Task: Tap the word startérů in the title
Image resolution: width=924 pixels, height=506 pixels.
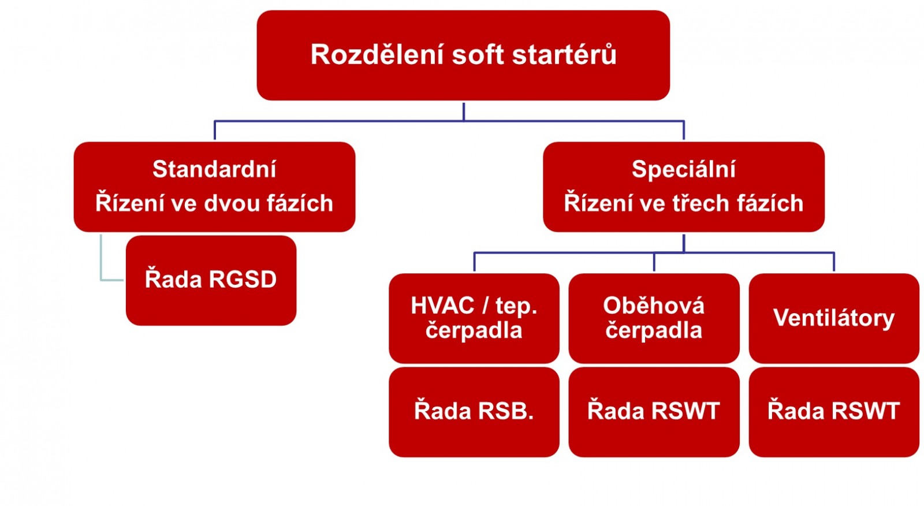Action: coord(564,54)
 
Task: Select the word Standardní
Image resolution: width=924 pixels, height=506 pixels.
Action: coord(214,169)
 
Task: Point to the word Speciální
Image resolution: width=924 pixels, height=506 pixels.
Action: coord(684,169)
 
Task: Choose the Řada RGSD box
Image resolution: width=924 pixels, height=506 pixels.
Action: coord(211,281)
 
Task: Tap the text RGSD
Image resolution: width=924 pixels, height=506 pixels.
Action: coord(243,280)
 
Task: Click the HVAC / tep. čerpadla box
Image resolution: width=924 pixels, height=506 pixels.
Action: coord(474,318)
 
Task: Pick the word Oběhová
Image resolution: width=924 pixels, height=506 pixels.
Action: coord(654,306)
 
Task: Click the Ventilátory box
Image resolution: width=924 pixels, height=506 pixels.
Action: coord(834,318)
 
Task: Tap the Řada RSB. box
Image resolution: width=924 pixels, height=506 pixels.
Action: coord(474,412)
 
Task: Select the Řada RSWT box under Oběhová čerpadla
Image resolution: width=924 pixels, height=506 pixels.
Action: coord(654,412)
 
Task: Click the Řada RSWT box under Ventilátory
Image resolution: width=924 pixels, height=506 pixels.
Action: coord(834,412)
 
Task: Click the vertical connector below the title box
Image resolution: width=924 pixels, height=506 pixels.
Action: coord(464,112)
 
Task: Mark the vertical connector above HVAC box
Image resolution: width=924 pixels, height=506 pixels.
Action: coord(474,262)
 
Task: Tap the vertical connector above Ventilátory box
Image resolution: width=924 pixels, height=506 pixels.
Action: coord(834,262)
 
